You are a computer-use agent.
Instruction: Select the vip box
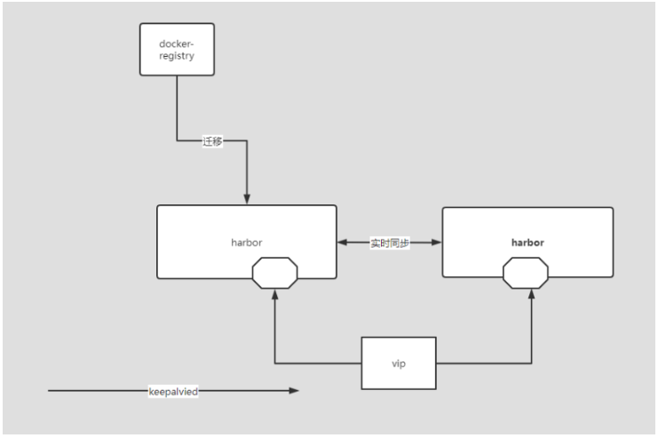[x=399, y=362]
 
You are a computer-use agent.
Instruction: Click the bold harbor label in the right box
[x=527, y=241]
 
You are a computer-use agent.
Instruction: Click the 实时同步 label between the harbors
[x=390, y=242]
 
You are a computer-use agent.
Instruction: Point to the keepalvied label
[x=173, y=391]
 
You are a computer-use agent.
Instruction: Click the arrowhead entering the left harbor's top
[x=247, y=199]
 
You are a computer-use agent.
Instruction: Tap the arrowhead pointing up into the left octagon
[x=276, y=295]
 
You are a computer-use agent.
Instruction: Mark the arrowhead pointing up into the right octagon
[x=533, y=295]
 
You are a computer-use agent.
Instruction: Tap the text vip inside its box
[x=399, y=362]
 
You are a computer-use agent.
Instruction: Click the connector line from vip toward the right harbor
[x=497, y=362]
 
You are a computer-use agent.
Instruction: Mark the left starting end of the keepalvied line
[x=51, y=391]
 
